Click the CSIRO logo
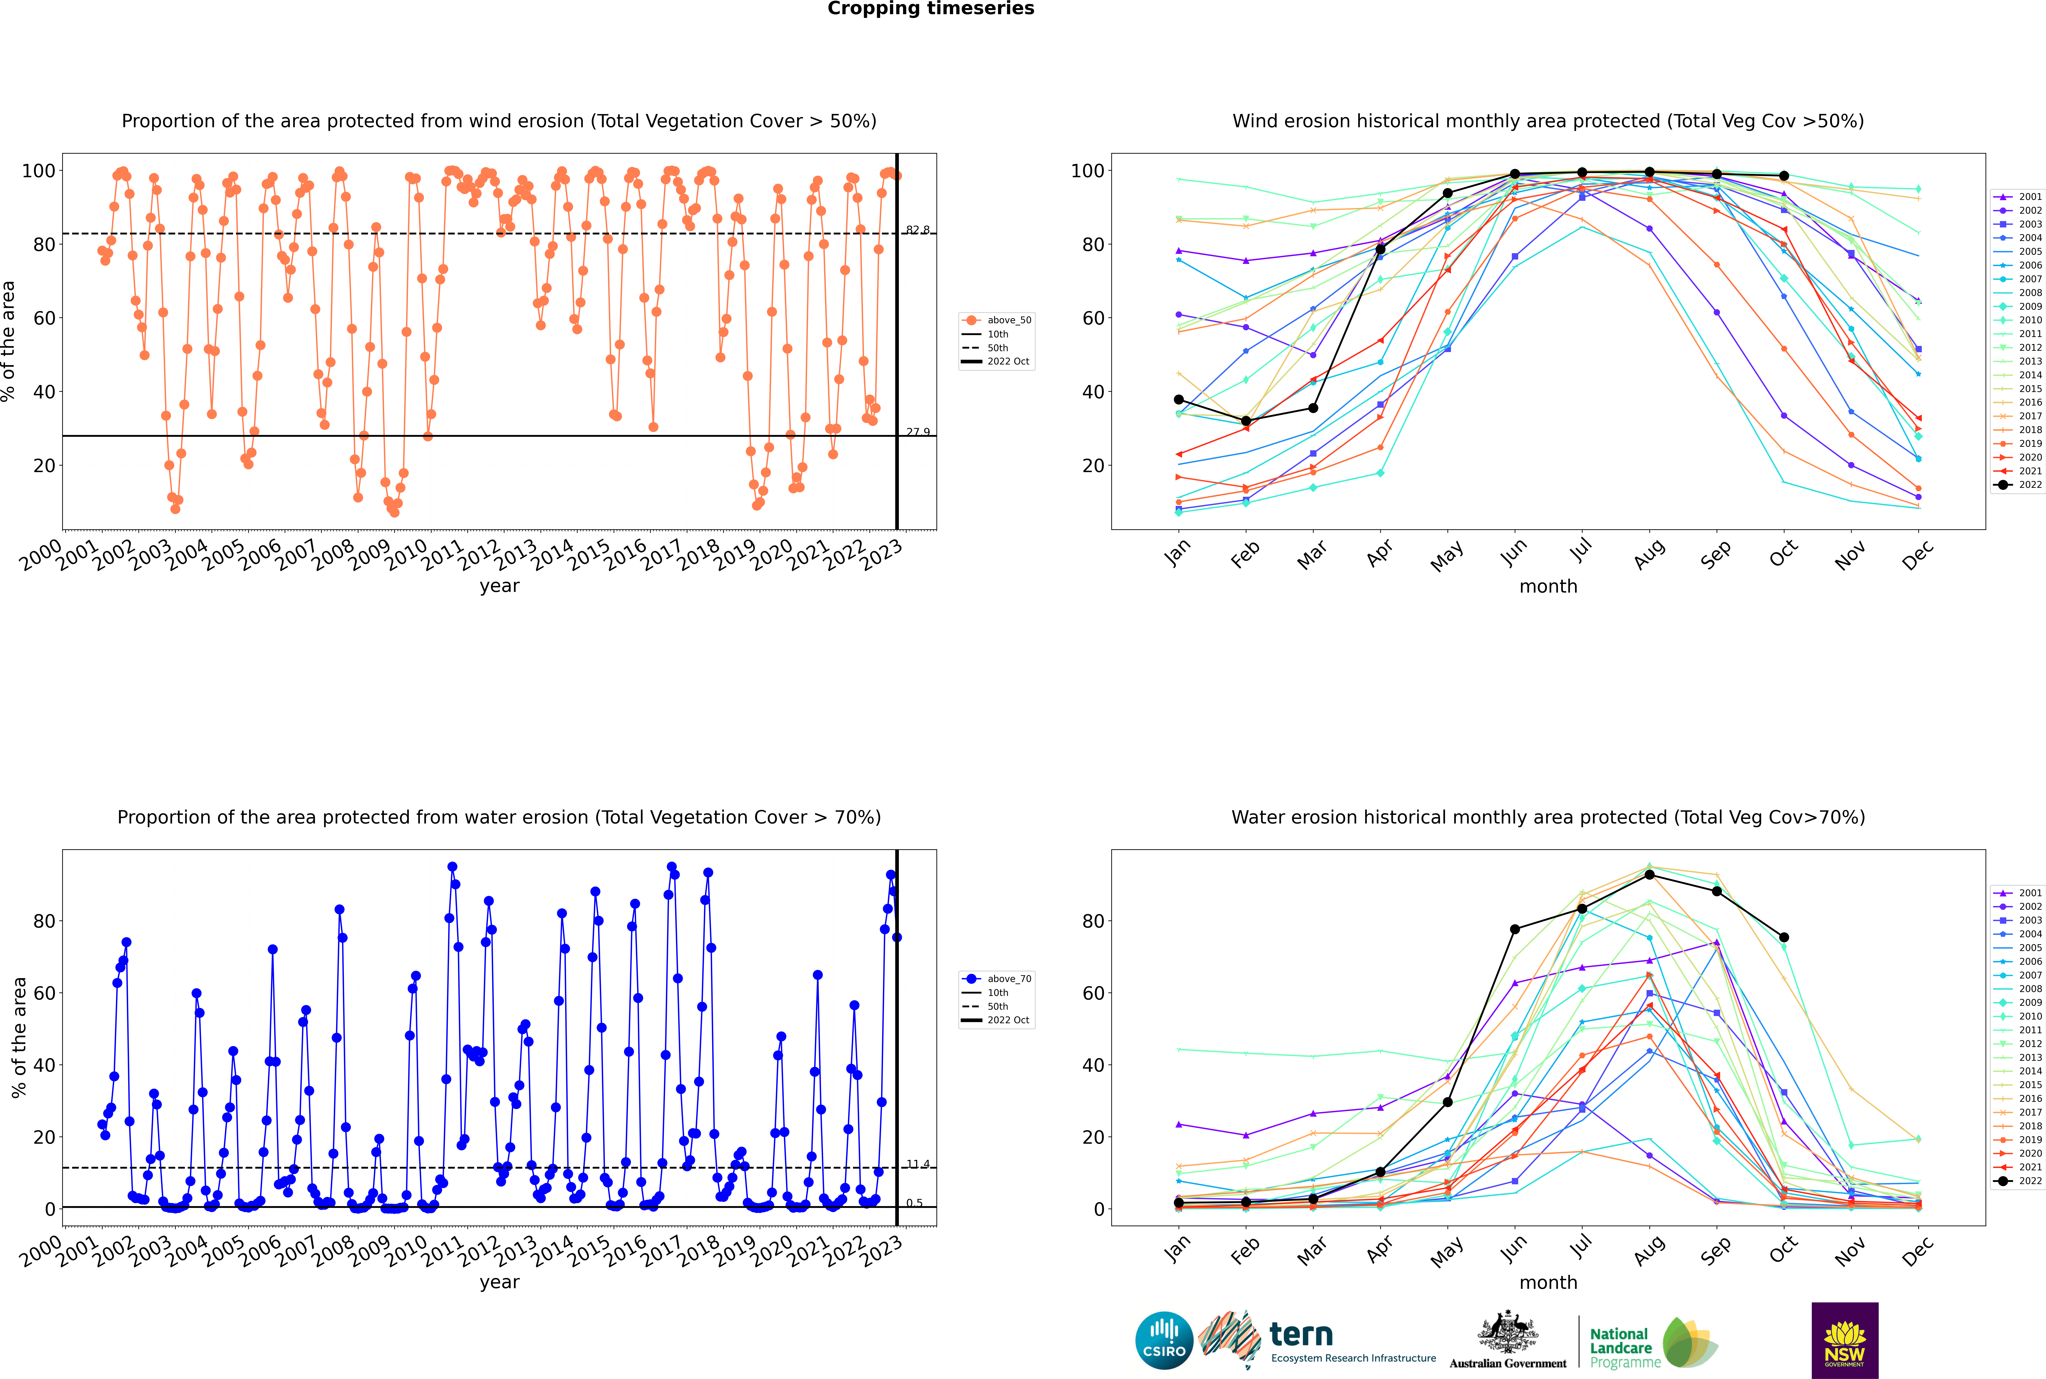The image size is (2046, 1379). click(x=1164, y=1340)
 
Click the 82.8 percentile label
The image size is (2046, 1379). click(x=917, y=230)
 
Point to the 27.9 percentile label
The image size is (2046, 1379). click(x=917, y=432)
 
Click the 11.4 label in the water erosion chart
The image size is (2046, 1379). click(x=917, y=1164)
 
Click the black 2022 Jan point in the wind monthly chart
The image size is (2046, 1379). click(x=1179, y=399)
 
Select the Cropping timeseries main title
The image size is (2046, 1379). click(x=931, y=9)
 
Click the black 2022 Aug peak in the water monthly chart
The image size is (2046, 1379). click(x=1649, y=874)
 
